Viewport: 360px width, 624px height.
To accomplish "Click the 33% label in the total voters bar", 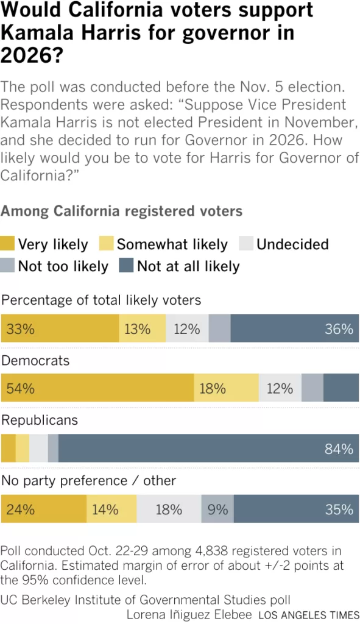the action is [x=20, y=329].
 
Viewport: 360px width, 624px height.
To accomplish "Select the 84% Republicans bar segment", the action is [x=208, y=448].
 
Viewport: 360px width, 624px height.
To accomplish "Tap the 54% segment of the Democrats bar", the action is [x=97, y=388].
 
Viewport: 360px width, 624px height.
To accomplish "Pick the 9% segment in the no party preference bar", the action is [x=217, y=509].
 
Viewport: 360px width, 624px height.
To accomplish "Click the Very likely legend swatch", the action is [x=7, y=244].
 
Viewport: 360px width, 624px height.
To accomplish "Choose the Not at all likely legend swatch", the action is [x=126, y=266].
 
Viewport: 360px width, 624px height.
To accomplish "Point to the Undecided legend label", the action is [x=292, y=244].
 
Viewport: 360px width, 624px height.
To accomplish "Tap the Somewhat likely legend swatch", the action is [x=107, y=244].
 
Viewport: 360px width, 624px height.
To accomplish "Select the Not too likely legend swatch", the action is [x=7, y=266].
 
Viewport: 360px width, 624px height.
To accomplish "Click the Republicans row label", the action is [x=40, y=420].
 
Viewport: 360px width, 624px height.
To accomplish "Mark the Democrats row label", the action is [x=35, y=361].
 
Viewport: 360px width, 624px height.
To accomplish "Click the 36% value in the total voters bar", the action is [x=339, y=329].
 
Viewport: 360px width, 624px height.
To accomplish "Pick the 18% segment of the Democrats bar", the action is [x=227, y=388].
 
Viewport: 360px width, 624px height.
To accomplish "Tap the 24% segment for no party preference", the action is [x=44, y=509].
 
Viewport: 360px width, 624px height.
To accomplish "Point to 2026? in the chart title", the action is [x=32, y=54].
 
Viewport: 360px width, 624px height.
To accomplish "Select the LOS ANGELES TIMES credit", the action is [x=309, y=615].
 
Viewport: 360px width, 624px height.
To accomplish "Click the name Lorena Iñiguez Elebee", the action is [x=189, y=614].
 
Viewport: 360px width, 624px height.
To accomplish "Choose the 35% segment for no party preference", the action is [x=297, y=509].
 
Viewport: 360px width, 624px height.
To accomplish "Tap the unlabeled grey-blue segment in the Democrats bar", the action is [x=312, y=388].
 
